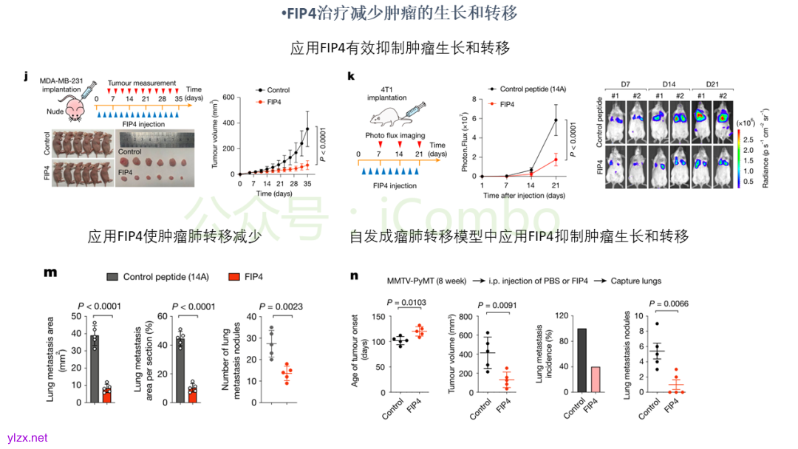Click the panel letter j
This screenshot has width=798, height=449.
click(26, 76)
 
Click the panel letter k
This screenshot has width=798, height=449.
click(351, 76)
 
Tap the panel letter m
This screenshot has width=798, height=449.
click(50, 273)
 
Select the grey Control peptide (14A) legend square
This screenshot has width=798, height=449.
click(112, 277)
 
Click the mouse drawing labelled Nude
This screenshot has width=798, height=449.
click(75, 108)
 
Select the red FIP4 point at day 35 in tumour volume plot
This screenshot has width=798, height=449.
click(307, 165)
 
